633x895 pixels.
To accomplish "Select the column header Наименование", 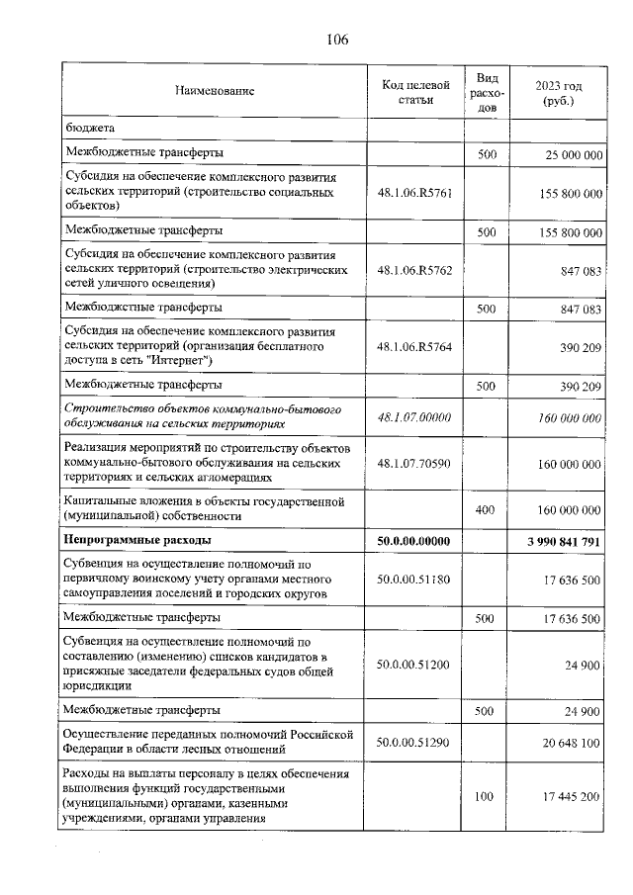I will coord(215,91).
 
